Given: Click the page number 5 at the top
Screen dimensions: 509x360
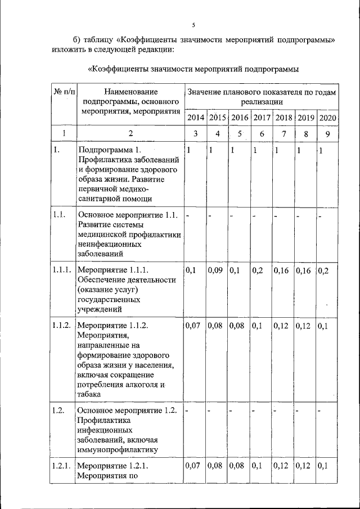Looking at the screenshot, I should pos(193,25).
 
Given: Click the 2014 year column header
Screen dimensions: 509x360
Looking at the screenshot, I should pos(195,118).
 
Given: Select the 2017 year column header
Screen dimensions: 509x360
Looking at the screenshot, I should pos(261,118).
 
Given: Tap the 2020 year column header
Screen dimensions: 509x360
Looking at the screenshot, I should pos(327,118).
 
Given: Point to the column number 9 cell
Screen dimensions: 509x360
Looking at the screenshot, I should pos(327,134).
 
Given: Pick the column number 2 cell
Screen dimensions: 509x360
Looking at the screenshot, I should pos(130,134).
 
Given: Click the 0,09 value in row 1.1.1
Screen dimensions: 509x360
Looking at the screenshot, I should pos(216,270).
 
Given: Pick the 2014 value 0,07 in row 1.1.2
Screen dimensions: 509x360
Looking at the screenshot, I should pos(193,325).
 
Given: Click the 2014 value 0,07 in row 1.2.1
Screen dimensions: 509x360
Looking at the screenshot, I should pos(193,466).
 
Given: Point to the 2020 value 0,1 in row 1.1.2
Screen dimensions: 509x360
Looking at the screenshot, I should pos(324,325).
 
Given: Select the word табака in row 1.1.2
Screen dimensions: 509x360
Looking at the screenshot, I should pos(90,394).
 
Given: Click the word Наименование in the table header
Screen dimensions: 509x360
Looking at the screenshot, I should pos(130,91).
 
